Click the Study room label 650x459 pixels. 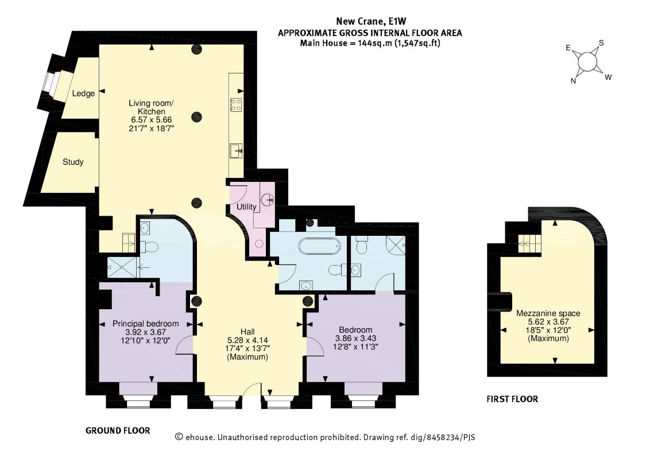tap(73, 162)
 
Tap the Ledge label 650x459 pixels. tap(83, 94)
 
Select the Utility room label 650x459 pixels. tap(246, 207)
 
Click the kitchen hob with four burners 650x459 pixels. tap(236, 104)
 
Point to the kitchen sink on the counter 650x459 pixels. tap(237, 151)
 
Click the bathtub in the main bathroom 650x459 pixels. tap(320, 246)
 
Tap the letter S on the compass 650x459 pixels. tap(601, 43)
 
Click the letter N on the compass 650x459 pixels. tap(573, 81)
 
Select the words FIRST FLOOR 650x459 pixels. tap(512, 399)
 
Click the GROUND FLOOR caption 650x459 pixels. tap(118, 430)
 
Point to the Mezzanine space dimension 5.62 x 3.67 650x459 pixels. tap(548, 321)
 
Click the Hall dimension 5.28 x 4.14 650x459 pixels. tap(247, 340)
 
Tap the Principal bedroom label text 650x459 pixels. tap(145, 324)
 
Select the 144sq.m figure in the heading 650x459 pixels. tap(374, 43)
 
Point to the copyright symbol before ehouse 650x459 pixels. tap(179, 437)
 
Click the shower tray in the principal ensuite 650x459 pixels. tap(122, 267)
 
